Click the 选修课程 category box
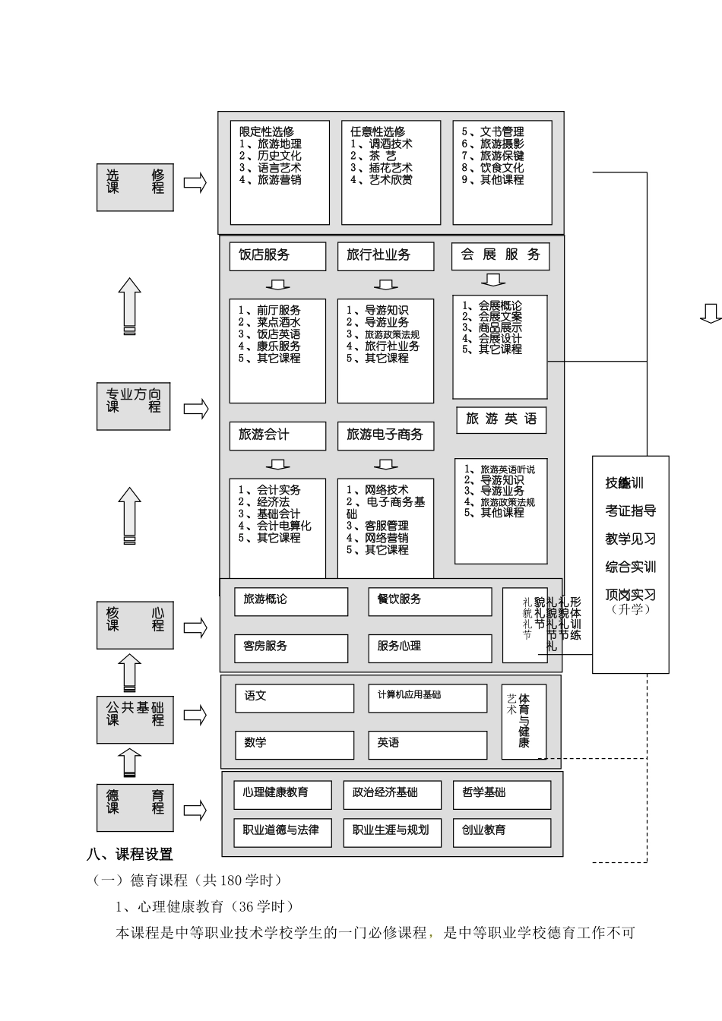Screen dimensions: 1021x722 click(135, 182)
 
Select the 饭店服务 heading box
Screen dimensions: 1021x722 click(277, 256)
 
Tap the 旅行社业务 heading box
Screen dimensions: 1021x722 click(385, 256)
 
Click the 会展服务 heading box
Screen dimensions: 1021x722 click(500, 255)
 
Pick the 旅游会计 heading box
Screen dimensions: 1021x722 click(277, 435)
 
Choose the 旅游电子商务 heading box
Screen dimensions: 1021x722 click(385, 435)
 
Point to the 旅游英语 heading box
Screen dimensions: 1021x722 click(501, 419)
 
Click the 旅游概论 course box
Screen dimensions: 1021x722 click(290, 601)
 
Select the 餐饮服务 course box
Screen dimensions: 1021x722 click(429, 601)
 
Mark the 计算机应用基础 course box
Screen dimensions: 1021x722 click(428, 697)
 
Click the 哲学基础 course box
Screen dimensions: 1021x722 click(502, 794)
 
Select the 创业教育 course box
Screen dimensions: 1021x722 click(502, 832)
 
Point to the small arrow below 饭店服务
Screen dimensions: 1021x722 click(277, 285)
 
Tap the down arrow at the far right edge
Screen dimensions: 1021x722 click(711, 313)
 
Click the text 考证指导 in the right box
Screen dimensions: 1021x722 click(630, 511)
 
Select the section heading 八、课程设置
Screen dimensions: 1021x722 click(130, 855)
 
